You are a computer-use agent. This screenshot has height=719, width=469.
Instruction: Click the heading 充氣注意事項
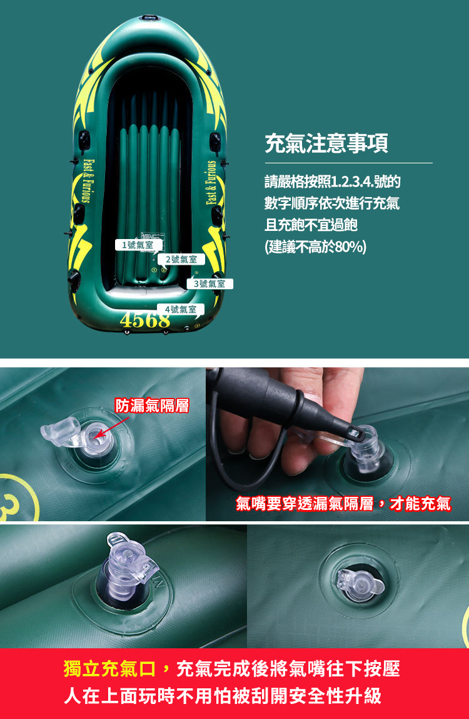(x=326, y=143)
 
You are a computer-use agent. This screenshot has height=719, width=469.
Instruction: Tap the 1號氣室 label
(x=138, y=245)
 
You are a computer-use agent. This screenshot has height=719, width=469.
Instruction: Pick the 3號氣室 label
(x=209, y=284)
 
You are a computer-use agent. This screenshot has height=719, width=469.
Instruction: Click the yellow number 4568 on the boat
(x=144, y=320)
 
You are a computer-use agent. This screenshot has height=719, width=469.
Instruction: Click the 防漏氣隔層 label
(x=152, y=405)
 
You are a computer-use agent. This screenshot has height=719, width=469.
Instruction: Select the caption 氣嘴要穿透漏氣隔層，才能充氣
(x=343, y=503)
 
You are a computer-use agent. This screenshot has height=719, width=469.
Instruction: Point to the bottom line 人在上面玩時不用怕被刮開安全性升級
(x=222, y=696)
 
